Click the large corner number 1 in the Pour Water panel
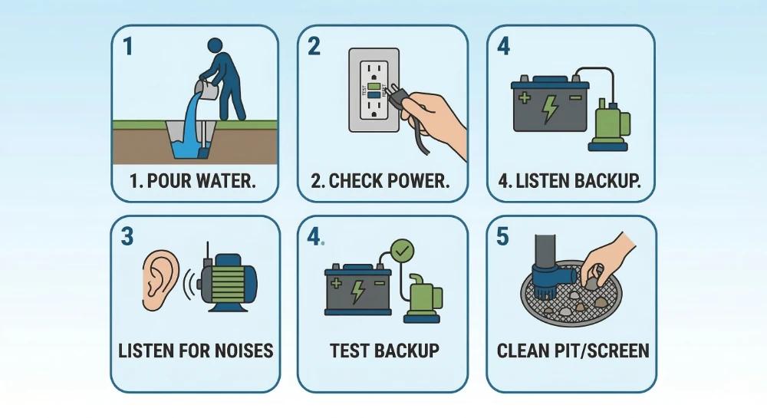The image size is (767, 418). click(x=128, y=47)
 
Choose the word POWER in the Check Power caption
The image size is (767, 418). click(x=421, y=183)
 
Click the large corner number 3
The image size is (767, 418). click(x=128, y=236)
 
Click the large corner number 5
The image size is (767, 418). click(x=503, y=236)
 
